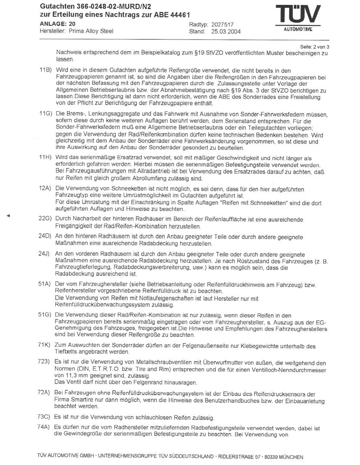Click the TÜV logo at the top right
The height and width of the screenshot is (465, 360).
coord(298,18)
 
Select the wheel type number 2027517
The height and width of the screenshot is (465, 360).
coord(223,24)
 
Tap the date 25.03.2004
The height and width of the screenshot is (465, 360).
coord(226,32)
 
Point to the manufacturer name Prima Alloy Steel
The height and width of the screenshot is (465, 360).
coord(88,31)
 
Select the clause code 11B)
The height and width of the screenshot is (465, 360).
coord(46,70)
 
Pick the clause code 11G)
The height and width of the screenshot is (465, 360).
coord(46,113)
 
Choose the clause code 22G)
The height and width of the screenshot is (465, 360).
coord(46,220)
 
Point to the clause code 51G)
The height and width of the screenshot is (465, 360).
coord(46,315)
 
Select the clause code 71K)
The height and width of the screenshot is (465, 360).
coord(46,346)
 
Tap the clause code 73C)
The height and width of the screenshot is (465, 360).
coord(46,417)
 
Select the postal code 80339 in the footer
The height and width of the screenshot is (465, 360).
coord(272,457)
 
